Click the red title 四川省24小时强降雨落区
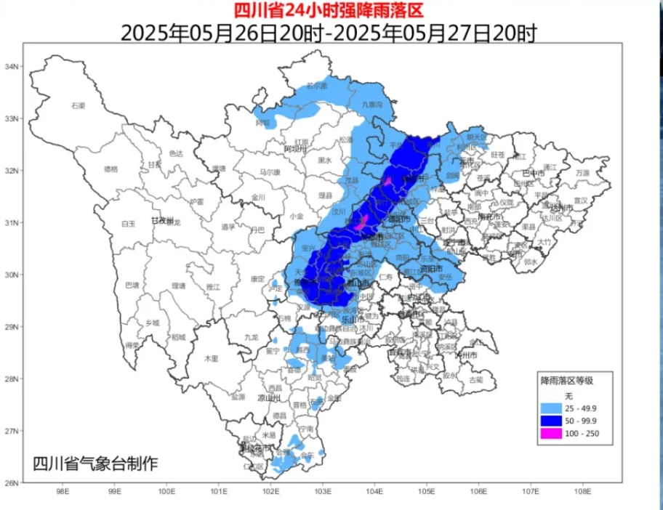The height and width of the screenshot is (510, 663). (x=327, y=10)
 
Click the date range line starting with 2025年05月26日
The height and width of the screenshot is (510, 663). (x=327, y=33)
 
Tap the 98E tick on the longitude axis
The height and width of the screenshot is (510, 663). (x=63, y=492)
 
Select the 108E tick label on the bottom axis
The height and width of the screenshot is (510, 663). (x=581, y=492)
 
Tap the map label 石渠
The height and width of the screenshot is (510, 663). (x=78, y=106)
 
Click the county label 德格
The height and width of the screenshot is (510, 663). (x=110, y=169)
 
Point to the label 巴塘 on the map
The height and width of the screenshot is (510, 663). (x=132, y=285)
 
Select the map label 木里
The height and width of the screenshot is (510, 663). (x=211, y=358)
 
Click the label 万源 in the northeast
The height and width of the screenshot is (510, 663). (x=582, y=174)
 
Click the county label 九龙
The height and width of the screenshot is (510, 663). (x=252, y=337)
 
